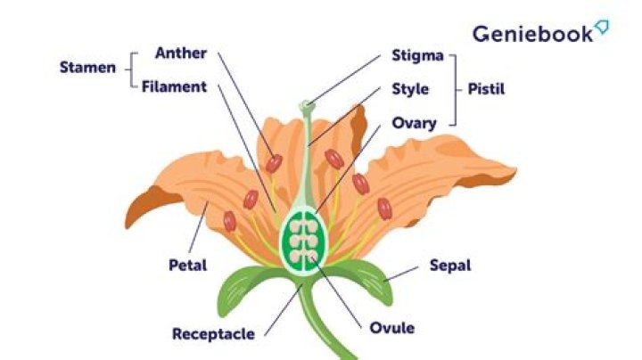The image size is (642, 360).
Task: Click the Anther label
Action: (180, 53)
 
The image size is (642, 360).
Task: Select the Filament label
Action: (175, 87)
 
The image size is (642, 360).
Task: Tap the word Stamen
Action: (87, 68)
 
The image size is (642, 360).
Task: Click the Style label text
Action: (410, 89)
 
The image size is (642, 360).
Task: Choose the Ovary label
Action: (414, 123)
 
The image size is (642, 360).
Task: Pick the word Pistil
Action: (490, 89)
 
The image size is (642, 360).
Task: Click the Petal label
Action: (187, 265)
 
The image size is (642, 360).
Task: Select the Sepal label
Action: (449, 265)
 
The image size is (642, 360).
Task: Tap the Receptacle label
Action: (213, 334)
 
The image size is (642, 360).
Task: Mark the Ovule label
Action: (391, 328)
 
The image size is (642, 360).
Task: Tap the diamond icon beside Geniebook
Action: (602, 28)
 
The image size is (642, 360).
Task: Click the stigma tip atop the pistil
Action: (307, 106)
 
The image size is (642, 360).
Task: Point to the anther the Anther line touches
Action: (274, 164)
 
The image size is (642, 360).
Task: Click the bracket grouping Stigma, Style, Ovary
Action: (456, 89)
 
